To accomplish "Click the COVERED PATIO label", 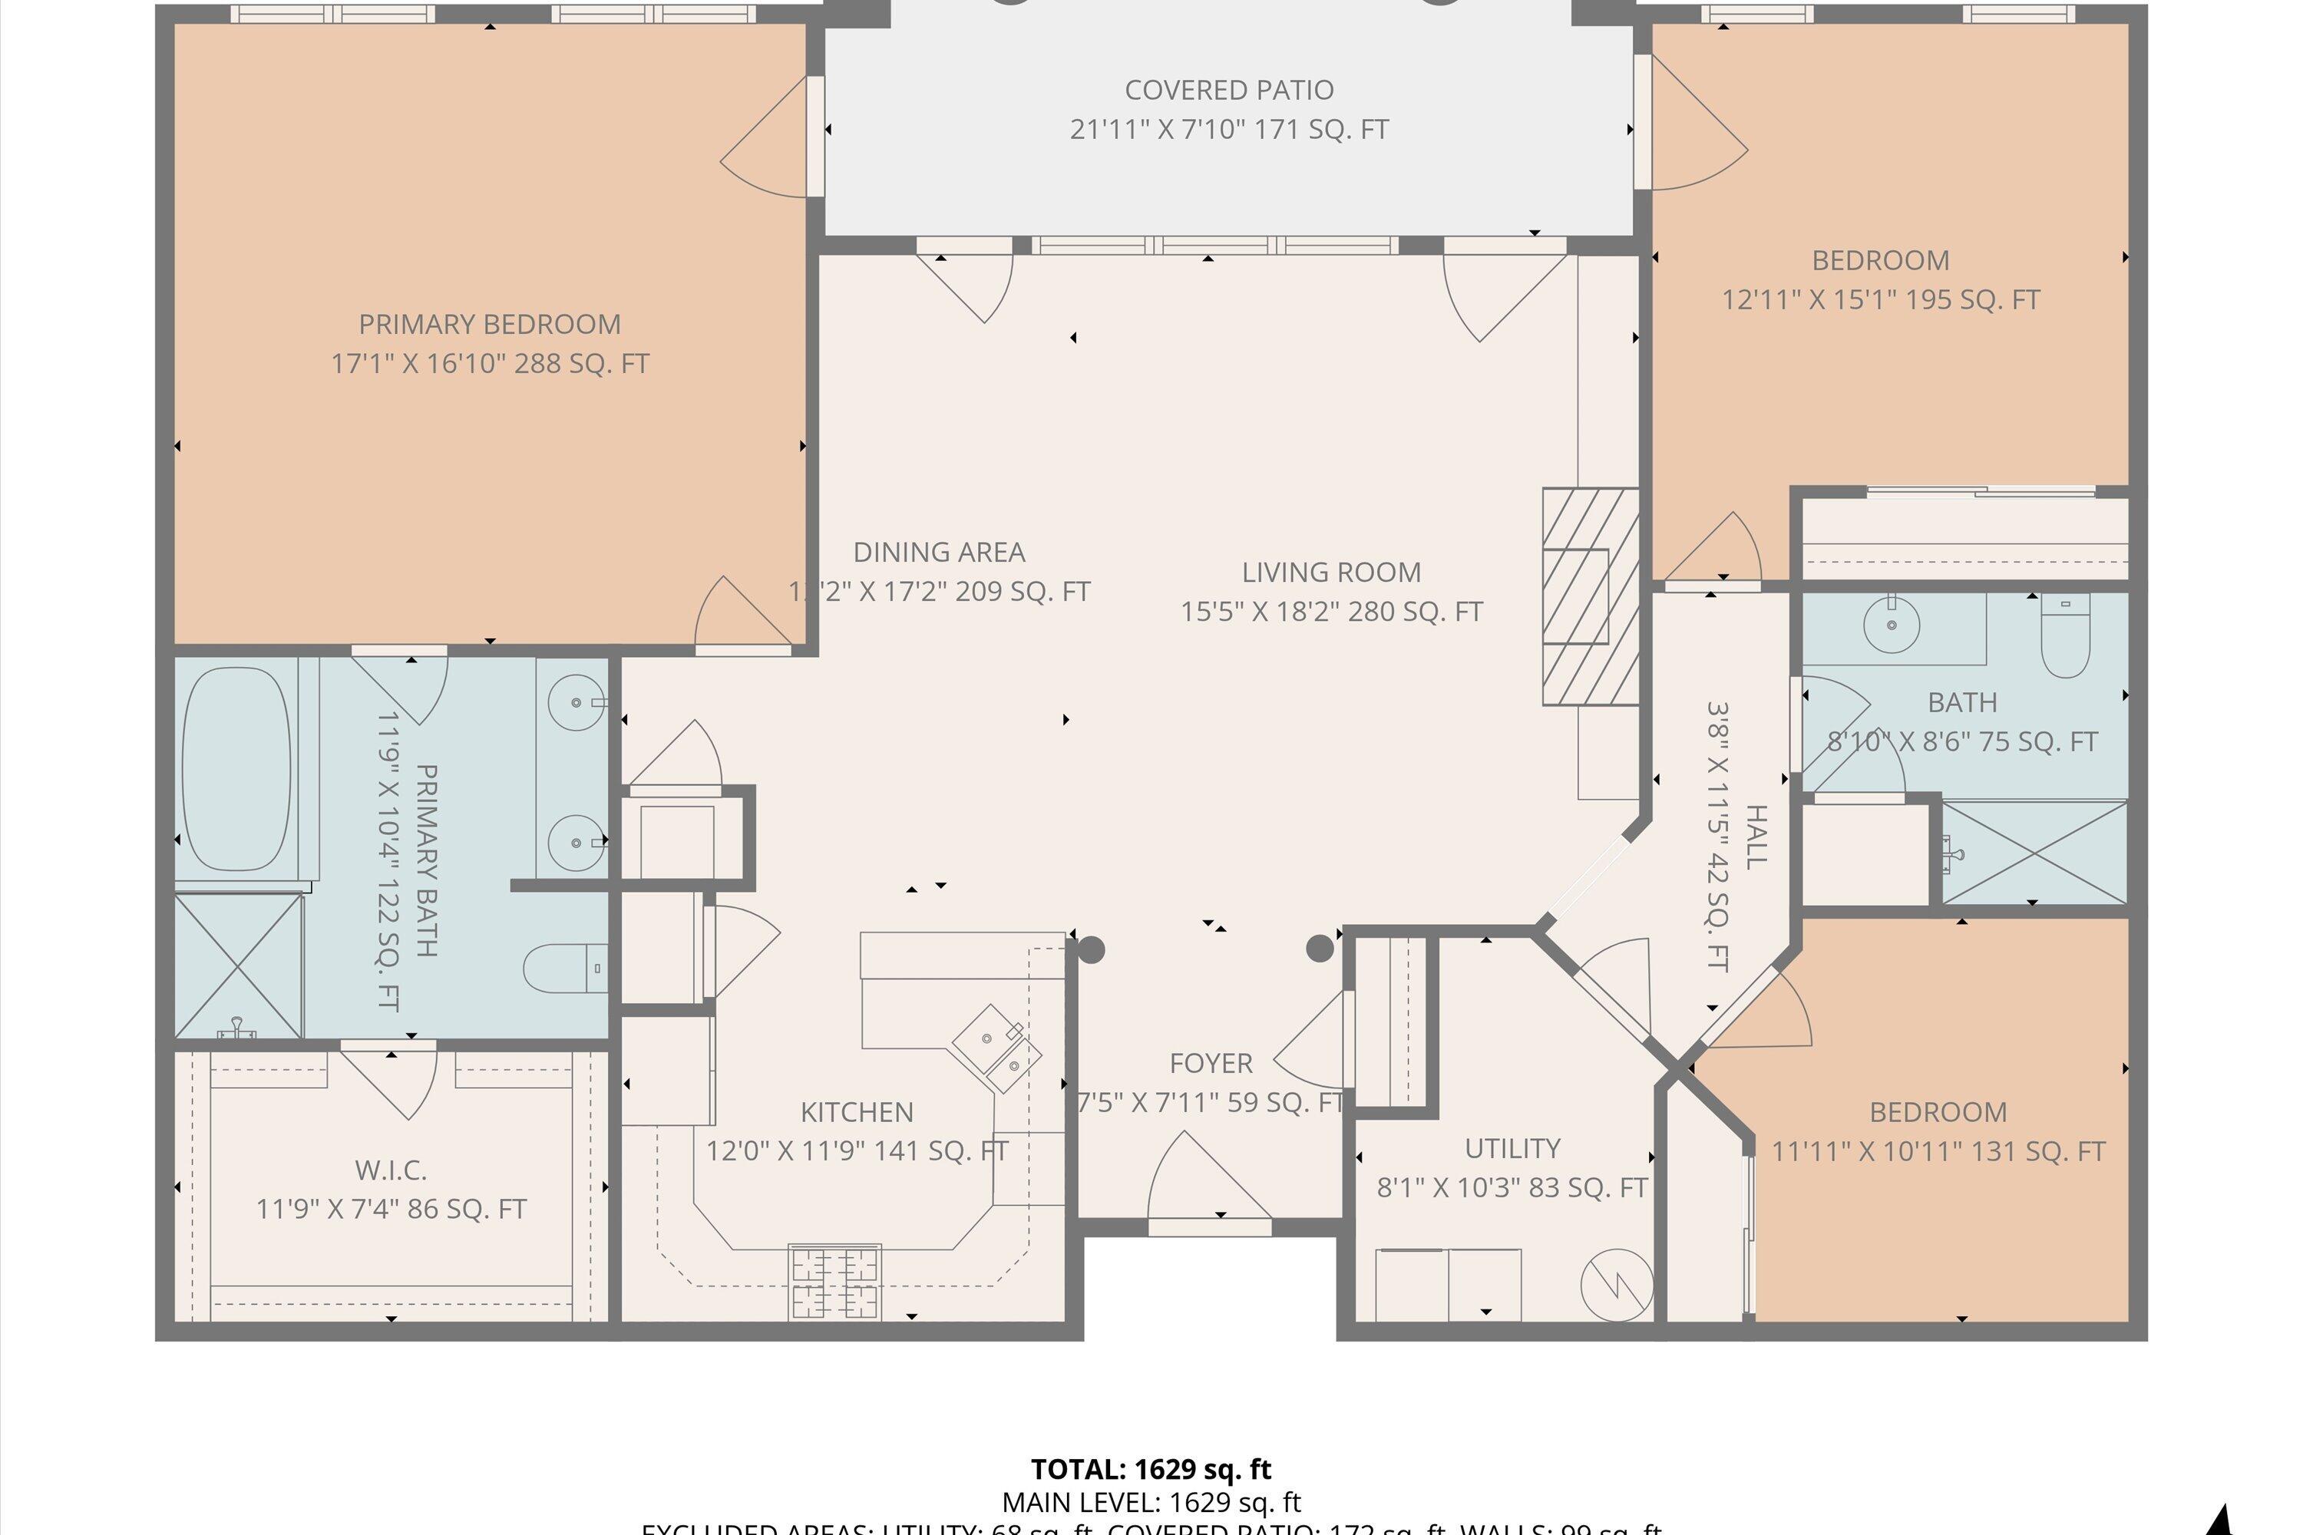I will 1229,90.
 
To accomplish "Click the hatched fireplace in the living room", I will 1589,596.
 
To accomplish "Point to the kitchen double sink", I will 996,1048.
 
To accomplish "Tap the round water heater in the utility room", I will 1617,1283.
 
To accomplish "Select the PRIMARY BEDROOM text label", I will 490,324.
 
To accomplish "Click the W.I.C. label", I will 391,1170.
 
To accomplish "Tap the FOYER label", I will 1211,1063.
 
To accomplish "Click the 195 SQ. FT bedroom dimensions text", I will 1880,299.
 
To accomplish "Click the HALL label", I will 1756,837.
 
